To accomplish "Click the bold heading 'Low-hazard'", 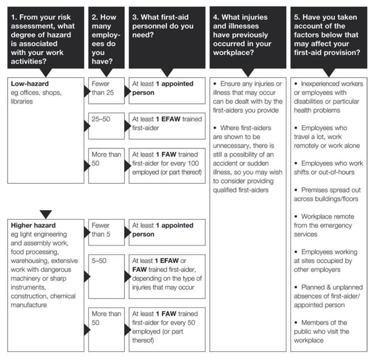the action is tap(30, 84).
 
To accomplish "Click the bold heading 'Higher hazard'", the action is tap(33, 225).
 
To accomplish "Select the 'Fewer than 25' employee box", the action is tap(106, 91).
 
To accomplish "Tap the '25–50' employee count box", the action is tap(106, 126).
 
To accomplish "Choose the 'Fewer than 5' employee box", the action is tap(106, 233).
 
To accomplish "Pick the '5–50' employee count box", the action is tap(106, 277).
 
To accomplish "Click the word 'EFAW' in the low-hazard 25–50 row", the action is tap(171, 119).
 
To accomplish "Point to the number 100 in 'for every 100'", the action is tap(193, 163).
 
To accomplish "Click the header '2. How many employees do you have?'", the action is tap(106, 37).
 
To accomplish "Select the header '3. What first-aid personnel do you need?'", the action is tap(167, 37).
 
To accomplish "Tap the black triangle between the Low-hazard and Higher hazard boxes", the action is tap(45, 214).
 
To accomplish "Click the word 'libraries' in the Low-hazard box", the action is tap(22, 102).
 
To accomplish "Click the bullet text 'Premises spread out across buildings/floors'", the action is tap(328, 195).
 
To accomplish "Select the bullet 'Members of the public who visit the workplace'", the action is tap(321, 332).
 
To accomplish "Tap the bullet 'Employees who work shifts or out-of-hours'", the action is tap(328, 168).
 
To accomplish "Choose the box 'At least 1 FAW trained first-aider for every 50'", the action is tap(167, 329).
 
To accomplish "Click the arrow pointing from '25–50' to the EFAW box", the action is tap(127, 126).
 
